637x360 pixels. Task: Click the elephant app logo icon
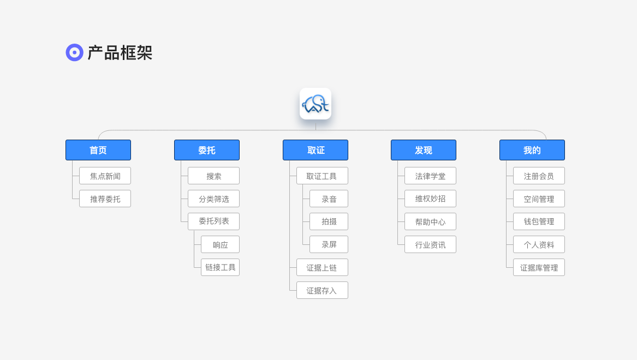tap(315, 104)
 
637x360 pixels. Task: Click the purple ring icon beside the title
tap(74, 52)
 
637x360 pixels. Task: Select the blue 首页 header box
tap(98, 150)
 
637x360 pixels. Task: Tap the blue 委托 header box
tap(207, 150)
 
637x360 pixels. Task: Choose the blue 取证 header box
tap(315, 150)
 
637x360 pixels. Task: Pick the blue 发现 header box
tap(424, 150)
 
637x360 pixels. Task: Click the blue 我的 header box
tap(532, 150)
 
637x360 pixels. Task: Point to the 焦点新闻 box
tap(105, 176)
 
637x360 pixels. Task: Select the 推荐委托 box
tap(105, 199)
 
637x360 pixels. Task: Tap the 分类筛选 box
tap(213, 199)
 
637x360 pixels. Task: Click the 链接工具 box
tap(220, 267)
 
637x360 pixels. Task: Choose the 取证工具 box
tap(322, 176)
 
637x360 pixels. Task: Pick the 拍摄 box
tap(329, 221)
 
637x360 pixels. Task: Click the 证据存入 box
tap(322, 291)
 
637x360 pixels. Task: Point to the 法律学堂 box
tap(430, 176)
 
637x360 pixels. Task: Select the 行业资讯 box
tap(430, 245)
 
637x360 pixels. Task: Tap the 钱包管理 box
tap(539, 221)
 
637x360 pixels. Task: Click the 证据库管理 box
tap(539, 267)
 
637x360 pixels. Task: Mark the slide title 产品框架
tap(120, 53)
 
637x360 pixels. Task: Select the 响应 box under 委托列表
tap(220, 245)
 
